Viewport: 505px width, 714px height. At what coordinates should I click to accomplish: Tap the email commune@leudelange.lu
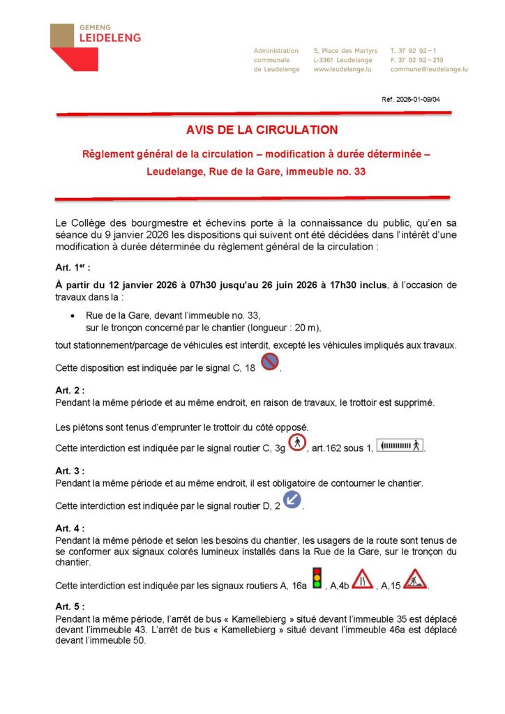[429, 70]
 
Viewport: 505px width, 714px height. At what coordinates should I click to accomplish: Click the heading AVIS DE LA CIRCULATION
[252, 130]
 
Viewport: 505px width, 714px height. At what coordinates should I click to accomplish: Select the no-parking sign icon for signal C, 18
[270, 362]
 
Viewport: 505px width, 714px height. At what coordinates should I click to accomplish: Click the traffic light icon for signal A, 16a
[317, 578]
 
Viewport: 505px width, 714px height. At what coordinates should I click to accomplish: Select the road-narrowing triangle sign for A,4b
[362, 579]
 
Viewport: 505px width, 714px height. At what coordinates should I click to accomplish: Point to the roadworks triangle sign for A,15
[415, 579]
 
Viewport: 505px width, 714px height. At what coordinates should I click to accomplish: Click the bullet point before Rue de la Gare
[74, 315]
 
